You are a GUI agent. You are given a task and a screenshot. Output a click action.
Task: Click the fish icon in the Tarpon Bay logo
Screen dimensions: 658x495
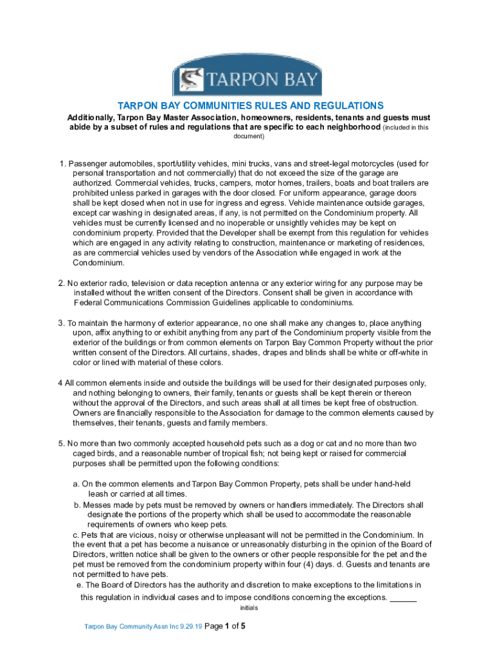tap(188, 80)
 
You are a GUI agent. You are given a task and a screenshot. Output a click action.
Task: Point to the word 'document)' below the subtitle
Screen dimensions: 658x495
tap(248, 137)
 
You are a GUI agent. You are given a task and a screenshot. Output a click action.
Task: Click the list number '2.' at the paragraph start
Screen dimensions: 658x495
tap(62, 283)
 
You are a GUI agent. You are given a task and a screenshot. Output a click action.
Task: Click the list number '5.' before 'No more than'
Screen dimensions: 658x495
tap(62, 443)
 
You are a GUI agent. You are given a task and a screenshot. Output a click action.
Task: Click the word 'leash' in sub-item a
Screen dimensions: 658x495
tap(107, 493)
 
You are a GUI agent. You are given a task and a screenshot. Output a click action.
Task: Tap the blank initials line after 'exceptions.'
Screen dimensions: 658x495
tap(403, 598)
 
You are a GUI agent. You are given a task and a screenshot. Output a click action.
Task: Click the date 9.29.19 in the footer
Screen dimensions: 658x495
tap(190, 627)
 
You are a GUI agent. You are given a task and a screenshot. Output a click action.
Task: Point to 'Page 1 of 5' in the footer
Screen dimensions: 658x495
tap(225, 626)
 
